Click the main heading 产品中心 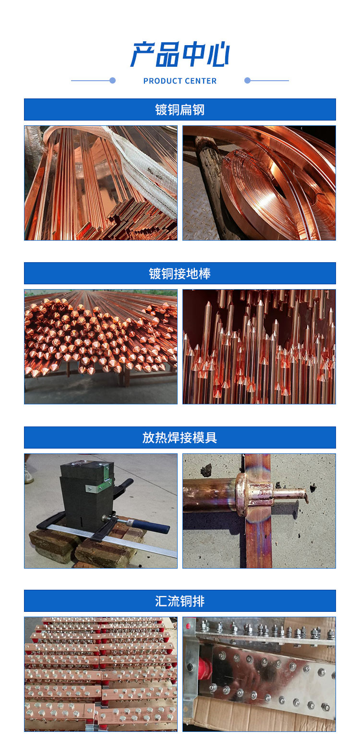tap(180, 54)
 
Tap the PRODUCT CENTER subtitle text tap(180, 81)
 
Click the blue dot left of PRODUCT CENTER tap(113, 81)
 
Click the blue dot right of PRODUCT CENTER tap(247, 81)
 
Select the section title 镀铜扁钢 tap(180, 109)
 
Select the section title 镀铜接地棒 tap(180, 274)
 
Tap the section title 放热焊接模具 tap(180, 438)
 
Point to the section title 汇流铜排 tap(180, 601)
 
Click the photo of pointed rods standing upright tap(259, 346)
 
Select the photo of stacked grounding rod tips tap(101, 346)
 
